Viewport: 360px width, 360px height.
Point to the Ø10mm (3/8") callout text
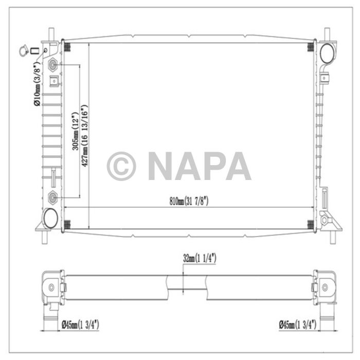37,85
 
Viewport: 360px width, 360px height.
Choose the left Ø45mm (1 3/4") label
80,325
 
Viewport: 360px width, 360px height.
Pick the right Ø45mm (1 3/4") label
297,325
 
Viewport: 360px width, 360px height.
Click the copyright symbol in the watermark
121,166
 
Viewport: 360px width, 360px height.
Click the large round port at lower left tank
50,218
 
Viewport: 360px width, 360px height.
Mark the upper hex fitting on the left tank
53,65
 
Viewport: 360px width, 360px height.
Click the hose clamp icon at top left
23,51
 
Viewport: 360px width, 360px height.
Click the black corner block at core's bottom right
310,224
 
